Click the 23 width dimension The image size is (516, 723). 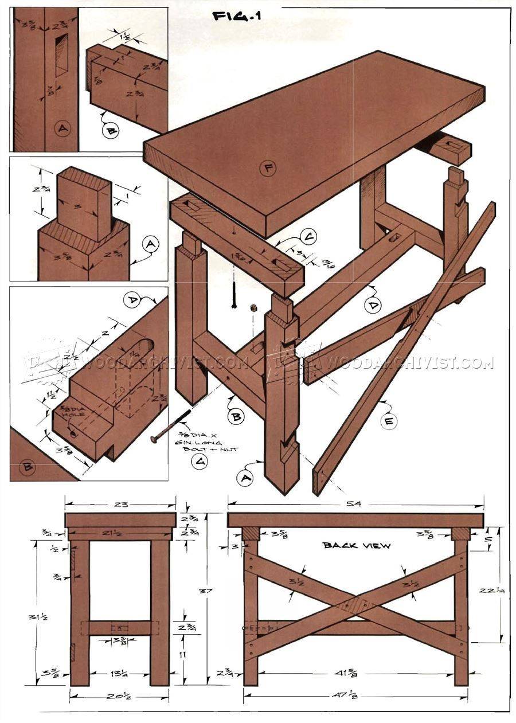121,504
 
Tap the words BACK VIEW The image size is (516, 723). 356,545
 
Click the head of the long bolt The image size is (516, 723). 154,439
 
